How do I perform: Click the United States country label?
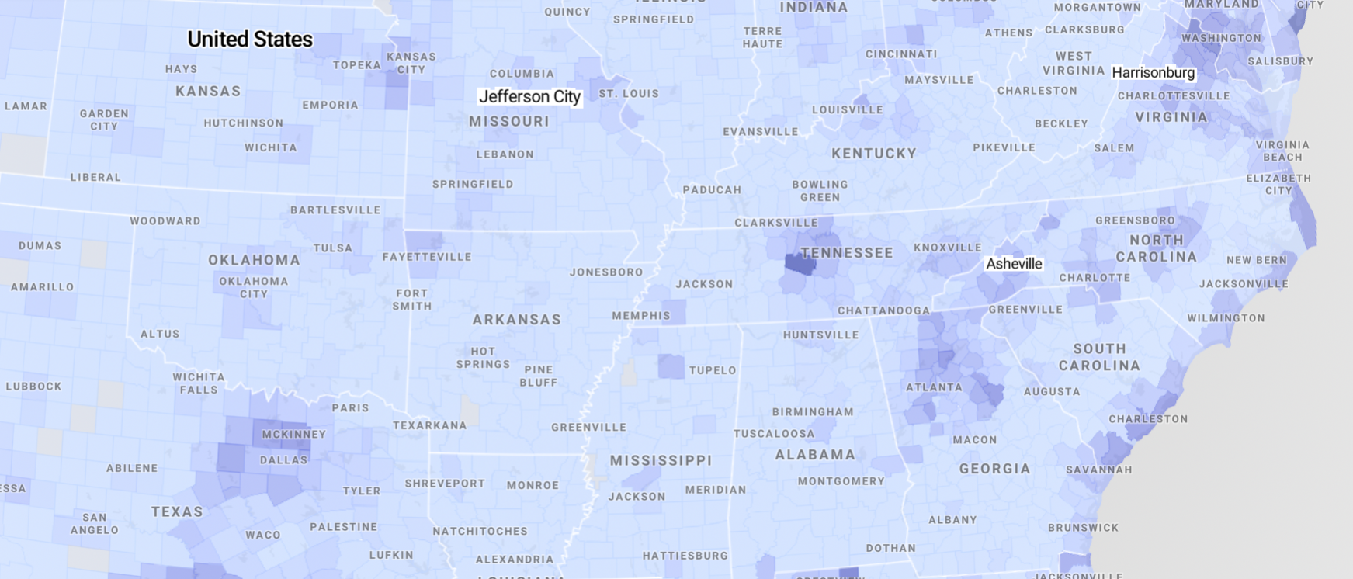[x=250, y=40]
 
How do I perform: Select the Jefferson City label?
[x=529, y=97]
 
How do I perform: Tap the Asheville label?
[x=1014, y=264]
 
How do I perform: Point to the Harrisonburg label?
[x=1153, y=73]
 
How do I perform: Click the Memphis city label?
[x=640, y=316]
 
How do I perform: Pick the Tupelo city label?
[x=713, y=370]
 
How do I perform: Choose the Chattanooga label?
[x=883, y=310]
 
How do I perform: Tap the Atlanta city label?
[x=934, y=387]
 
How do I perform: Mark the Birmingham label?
[x=813, y=412]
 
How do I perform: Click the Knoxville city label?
[x=947, y=248]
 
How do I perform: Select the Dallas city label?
[x=283, y=459]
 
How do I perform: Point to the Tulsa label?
[x=333, y=248]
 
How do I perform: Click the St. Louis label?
[x=629, y=94]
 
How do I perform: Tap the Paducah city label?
[x=712, y=190]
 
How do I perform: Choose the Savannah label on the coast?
[x=1098, y=470]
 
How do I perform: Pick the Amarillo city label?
[x=43, y=287]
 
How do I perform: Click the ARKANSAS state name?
[x=516, y=320]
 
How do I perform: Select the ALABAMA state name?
[x=815, y=455]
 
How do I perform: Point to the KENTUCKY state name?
[x=874, y=154]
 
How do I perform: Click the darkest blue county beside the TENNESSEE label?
[x=800, y=264]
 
